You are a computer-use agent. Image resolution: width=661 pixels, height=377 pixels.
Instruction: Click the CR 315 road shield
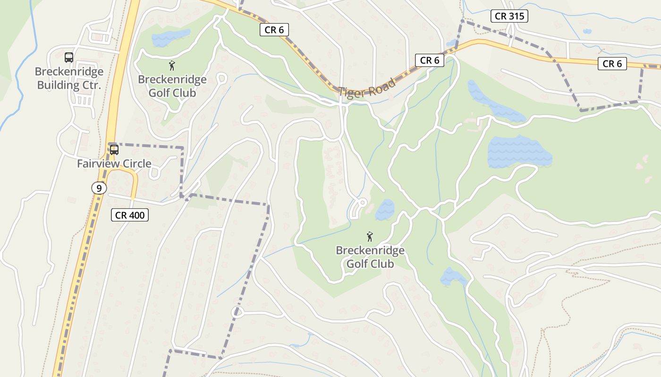click(509, 16)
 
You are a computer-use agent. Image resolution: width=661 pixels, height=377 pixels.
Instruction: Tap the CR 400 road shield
click(130, 215)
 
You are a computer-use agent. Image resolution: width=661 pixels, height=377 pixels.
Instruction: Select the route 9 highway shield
click(99, 188)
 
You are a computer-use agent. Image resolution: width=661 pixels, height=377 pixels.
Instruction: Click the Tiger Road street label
click(367, 88)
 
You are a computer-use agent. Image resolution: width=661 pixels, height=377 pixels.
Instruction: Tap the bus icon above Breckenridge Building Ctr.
click(69, 57)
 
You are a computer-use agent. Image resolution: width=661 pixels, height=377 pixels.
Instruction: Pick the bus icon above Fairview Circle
click(114, 150)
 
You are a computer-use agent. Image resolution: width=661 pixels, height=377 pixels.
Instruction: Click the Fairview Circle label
click(114, 164)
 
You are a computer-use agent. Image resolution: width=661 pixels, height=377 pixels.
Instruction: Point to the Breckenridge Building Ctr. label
click(69, 79)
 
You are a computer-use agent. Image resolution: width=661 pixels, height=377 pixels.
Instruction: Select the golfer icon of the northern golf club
click(172, 66)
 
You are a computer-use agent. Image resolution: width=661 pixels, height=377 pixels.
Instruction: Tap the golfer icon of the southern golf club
click(370, 236)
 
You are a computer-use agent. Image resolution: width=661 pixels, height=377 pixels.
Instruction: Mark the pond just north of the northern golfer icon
click(170, 37)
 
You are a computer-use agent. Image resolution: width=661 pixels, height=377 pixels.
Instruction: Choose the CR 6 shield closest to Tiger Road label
click(430, 60)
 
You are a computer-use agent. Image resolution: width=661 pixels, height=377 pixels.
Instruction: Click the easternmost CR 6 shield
click(612, 64)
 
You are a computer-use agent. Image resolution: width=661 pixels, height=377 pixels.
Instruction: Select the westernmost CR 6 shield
click(274, 30)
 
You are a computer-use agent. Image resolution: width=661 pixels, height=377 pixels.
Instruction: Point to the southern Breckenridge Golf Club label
click(370, 257)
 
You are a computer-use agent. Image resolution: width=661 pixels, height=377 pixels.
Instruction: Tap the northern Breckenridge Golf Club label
click(172, 86)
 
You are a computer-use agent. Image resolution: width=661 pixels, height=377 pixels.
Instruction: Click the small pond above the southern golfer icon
click(384, 210)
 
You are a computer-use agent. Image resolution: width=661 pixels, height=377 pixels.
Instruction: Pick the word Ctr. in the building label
click(90, 85)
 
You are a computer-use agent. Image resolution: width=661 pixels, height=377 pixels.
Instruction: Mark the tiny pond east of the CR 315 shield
click(587, 32)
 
